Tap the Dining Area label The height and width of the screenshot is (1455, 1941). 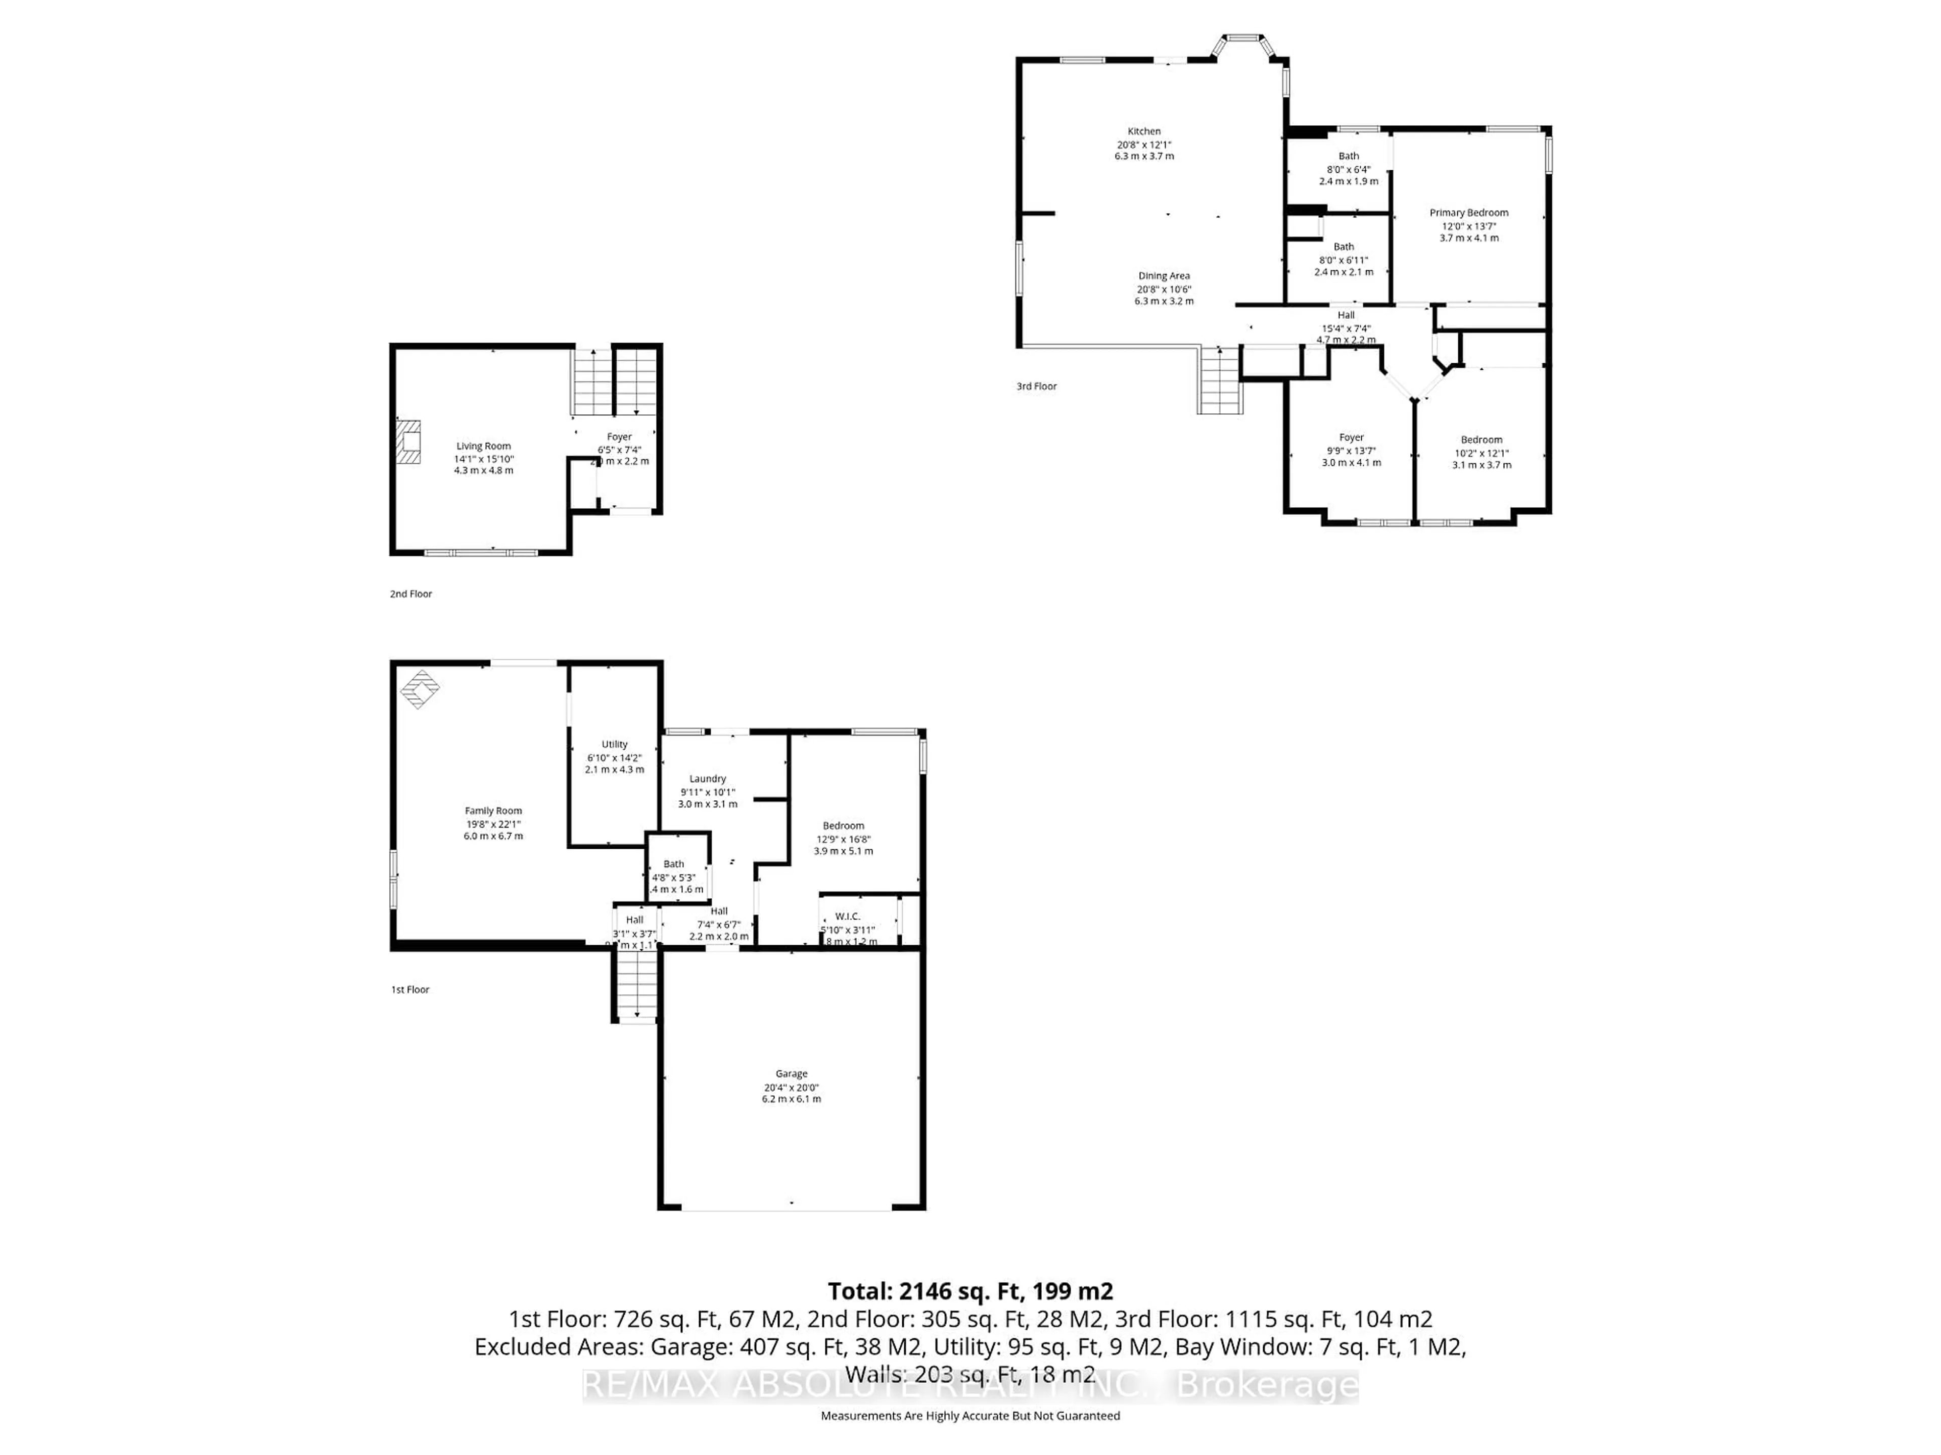[1164, 276]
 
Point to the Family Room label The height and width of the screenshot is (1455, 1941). [493, 811]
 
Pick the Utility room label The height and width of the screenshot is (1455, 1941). [614, 745]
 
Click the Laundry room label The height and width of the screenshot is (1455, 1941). [707, 779]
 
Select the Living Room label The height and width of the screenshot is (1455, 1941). [483, 447]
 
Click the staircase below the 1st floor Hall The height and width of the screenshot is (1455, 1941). [635, 987]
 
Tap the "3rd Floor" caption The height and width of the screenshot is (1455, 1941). [1036, 386]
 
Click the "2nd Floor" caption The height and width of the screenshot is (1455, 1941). [410, 594]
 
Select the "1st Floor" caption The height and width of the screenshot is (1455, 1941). [410, 989]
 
